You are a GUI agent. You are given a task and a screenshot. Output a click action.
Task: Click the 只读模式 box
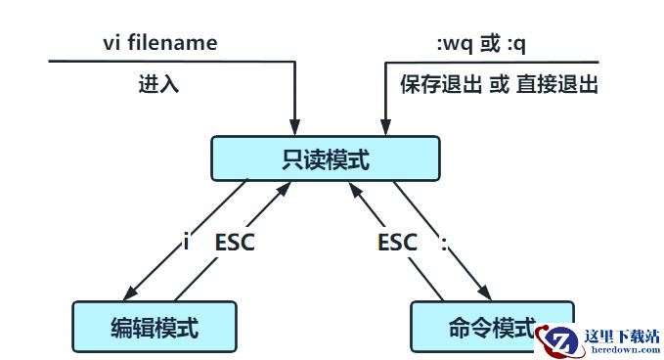[x=326, y=158]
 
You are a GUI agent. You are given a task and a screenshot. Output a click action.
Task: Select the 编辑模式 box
[x=155, y=327]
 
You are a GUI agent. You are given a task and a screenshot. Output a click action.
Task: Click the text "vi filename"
[x=160, y=43]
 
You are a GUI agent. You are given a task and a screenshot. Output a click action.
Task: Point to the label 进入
[x=158, y=83]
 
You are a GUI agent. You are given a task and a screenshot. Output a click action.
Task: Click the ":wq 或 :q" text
[x=481, y=44]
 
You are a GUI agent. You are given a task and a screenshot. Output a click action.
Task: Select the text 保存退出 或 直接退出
[x=499, y=84]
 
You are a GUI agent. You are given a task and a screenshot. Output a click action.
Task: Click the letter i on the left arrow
[x=186, y=243]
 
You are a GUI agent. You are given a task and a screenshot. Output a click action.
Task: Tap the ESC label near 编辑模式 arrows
[x=235, y=243]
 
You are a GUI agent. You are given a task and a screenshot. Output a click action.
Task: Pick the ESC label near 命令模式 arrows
[x=397, y=243]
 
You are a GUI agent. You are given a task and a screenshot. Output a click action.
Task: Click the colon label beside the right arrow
[x=444, y=244]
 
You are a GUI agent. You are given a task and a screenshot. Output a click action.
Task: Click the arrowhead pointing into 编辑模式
[x=130, y=292]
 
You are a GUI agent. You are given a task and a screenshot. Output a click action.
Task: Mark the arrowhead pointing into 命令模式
[x=485, y=292]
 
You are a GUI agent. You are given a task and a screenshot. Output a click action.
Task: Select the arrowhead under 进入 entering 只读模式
[x=294, y=127]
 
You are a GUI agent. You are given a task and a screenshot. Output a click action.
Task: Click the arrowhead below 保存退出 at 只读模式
[x=385, y=127]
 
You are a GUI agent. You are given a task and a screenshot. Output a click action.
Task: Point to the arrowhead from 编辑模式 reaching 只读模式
[x=284, y=190]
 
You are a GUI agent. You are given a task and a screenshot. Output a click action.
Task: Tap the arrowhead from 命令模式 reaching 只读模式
[x=356, y=190]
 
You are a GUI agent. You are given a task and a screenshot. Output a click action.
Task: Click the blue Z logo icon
[x=559, y=341]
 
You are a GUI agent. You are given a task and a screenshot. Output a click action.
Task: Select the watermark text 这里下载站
[x=622, y=337]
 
